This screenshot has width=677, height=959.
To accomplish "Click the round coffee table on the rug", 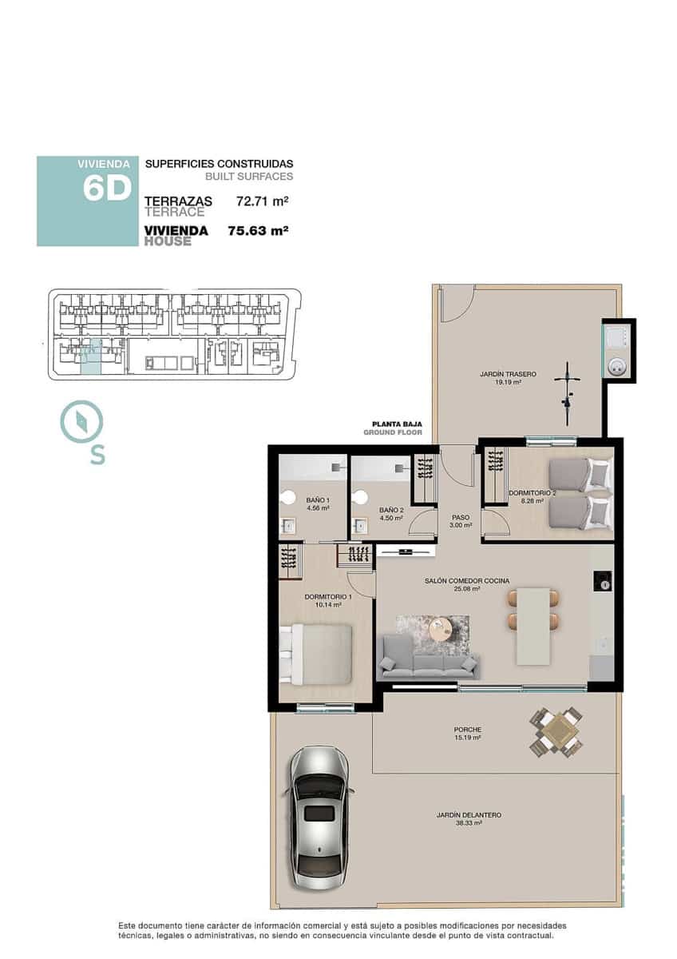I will click(441, 630).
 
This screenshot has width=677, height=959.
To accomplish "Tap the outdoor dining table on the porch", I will click(556, 730).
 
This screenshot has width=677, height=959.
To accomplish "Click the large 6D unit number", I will click(107, 189).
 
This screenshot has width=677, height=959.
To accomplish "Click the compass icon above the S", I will click(81, 421).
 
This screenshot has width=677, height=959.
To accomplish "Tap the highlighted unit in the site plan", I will click(92, 356).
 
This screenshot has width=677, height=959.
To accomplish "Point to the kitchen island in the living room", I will click(533, 626).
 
